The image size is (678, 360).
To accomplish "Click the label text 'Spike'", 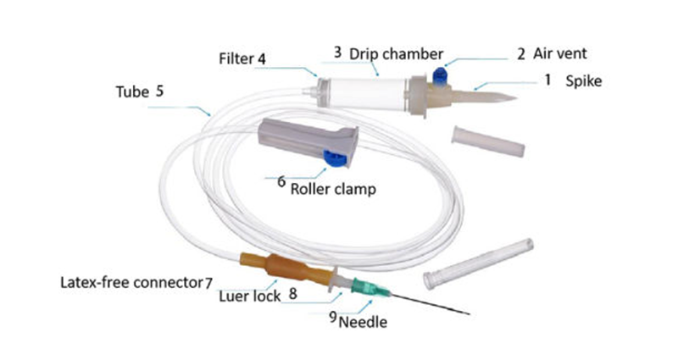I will point(582,81).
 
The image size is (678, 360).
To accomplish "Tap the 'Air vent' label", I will point(560,53).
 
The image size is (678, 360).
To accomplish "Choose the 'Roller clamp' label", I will point(333,189).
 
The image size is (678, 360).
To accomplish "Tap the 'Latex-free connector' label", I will point(130,281).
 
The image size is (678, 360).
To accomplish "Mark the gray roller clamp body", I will point(297,136).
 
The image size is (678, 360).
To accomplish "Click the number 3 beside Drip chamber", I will point(337,53).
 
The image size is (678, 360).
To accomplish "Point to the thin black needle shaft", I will point(432,306).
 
